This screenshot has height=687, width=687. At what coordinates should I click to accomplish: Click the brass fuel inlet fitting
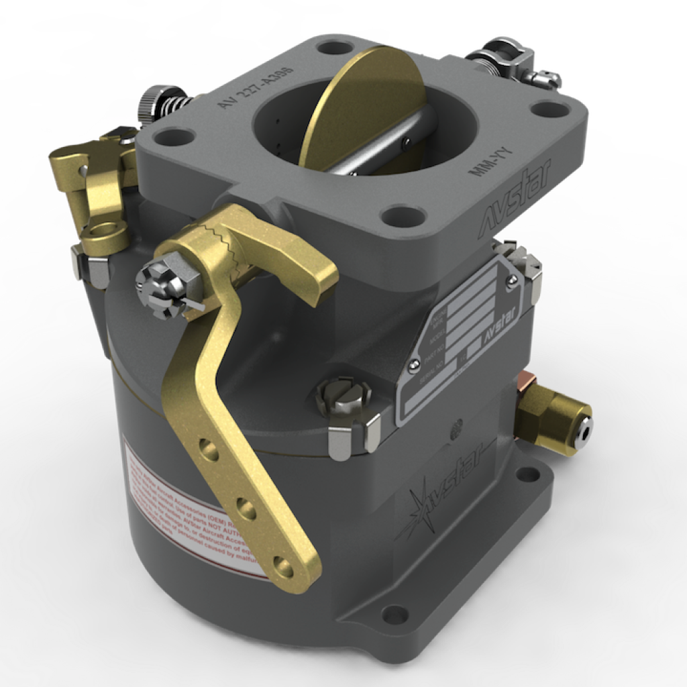553,421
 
